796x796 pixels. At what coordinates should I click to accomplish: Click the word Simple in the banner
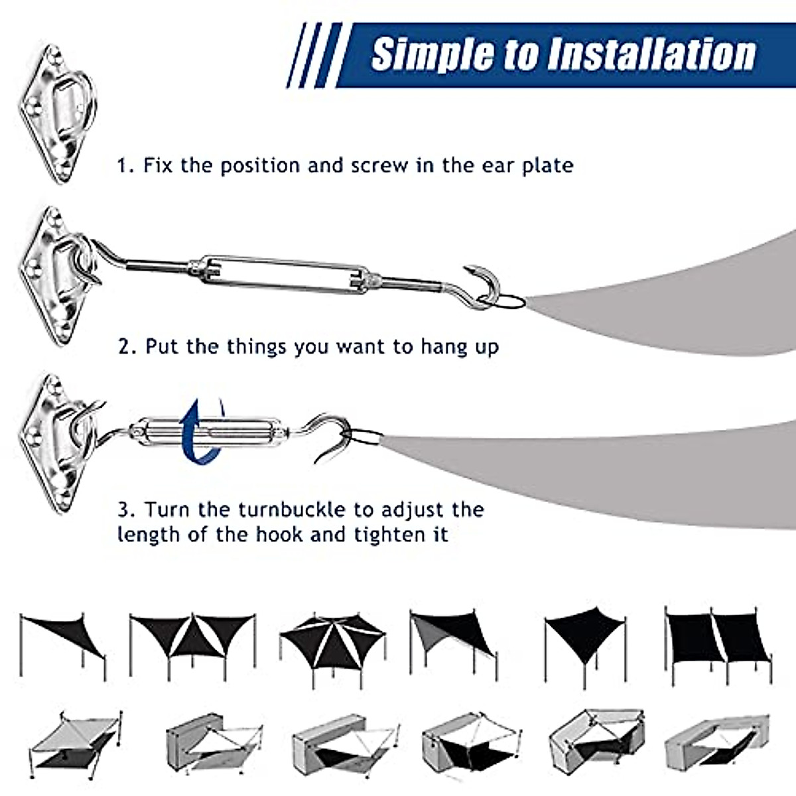[432, 54]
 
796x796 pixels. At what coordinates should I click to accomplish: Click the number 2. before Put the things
[127, 346]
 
